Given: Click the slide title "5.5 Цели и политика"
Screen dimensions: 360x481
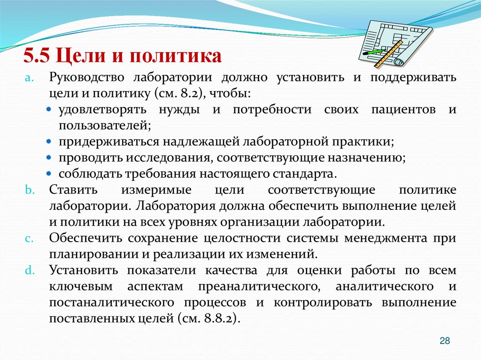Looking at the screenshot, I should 123,56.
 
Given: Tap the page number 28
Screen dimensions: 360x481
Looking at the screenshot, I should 444,341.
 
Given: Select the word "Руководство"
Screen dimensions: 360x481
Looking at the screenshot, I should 86,77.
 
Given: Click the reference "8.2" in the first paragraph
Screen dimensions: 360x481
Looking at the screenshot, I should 188,93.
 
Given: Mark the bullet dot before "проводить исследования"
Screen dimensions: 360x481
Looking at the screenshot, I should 50,158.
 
